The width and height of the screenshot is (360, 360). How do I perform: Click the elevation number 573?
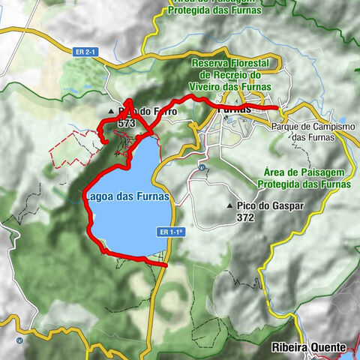(125, 122)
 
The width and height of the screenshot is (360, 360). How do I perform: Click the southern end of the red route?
(164, 263)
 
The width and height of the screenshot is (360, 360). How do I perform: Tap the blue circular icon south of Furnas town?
(202, 166)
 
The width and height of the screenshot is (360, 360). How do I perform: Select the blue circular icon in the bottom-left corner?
(20, 340)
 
